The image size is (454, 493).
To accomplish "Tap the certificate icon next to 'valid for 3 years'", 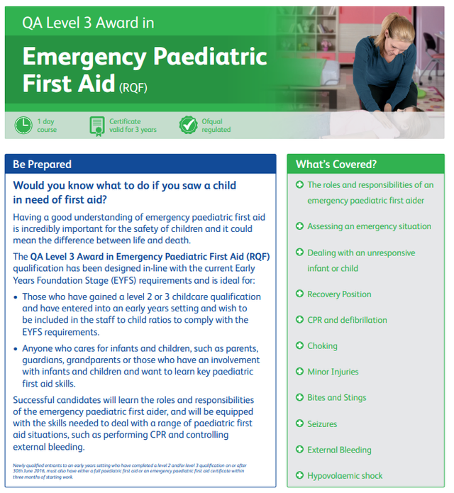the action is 96,126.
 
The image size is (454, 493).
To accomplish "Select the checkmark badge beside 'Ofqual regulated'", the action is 188,126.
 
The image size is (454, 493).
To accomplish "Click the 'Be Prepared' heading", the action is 42,164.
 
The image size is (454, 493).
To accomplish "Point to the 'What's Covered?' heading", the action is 336,164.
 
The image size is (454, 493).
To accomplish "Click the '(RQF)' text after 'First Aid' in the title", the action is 133,87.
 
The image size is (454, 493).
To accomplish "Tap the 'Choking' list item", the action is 322,346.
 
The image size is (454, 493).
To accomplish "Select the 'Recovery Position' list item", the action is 339,294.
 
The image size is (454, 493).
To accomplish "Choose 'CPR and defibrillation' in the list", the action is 347,320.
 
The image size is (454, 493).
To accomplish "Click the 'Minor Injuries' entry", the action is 333,372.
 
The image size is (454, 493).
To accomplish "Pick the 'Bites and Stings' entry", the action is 336,398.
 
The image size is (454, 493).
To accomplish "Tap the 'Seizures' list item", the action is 322,424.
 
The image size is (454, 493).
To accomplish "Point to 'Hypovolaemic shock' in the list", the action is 345,476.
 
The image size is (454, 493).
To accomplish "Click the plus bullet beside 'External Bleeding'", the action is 299,450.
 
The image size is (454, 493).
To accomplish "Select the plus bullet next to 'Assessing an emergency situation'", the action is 299,226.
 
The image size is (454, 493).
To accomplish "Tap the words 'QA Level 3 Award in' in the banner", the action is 88,23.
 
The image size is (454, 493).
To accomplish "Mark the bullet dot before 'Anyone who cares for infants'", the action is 16,349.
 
